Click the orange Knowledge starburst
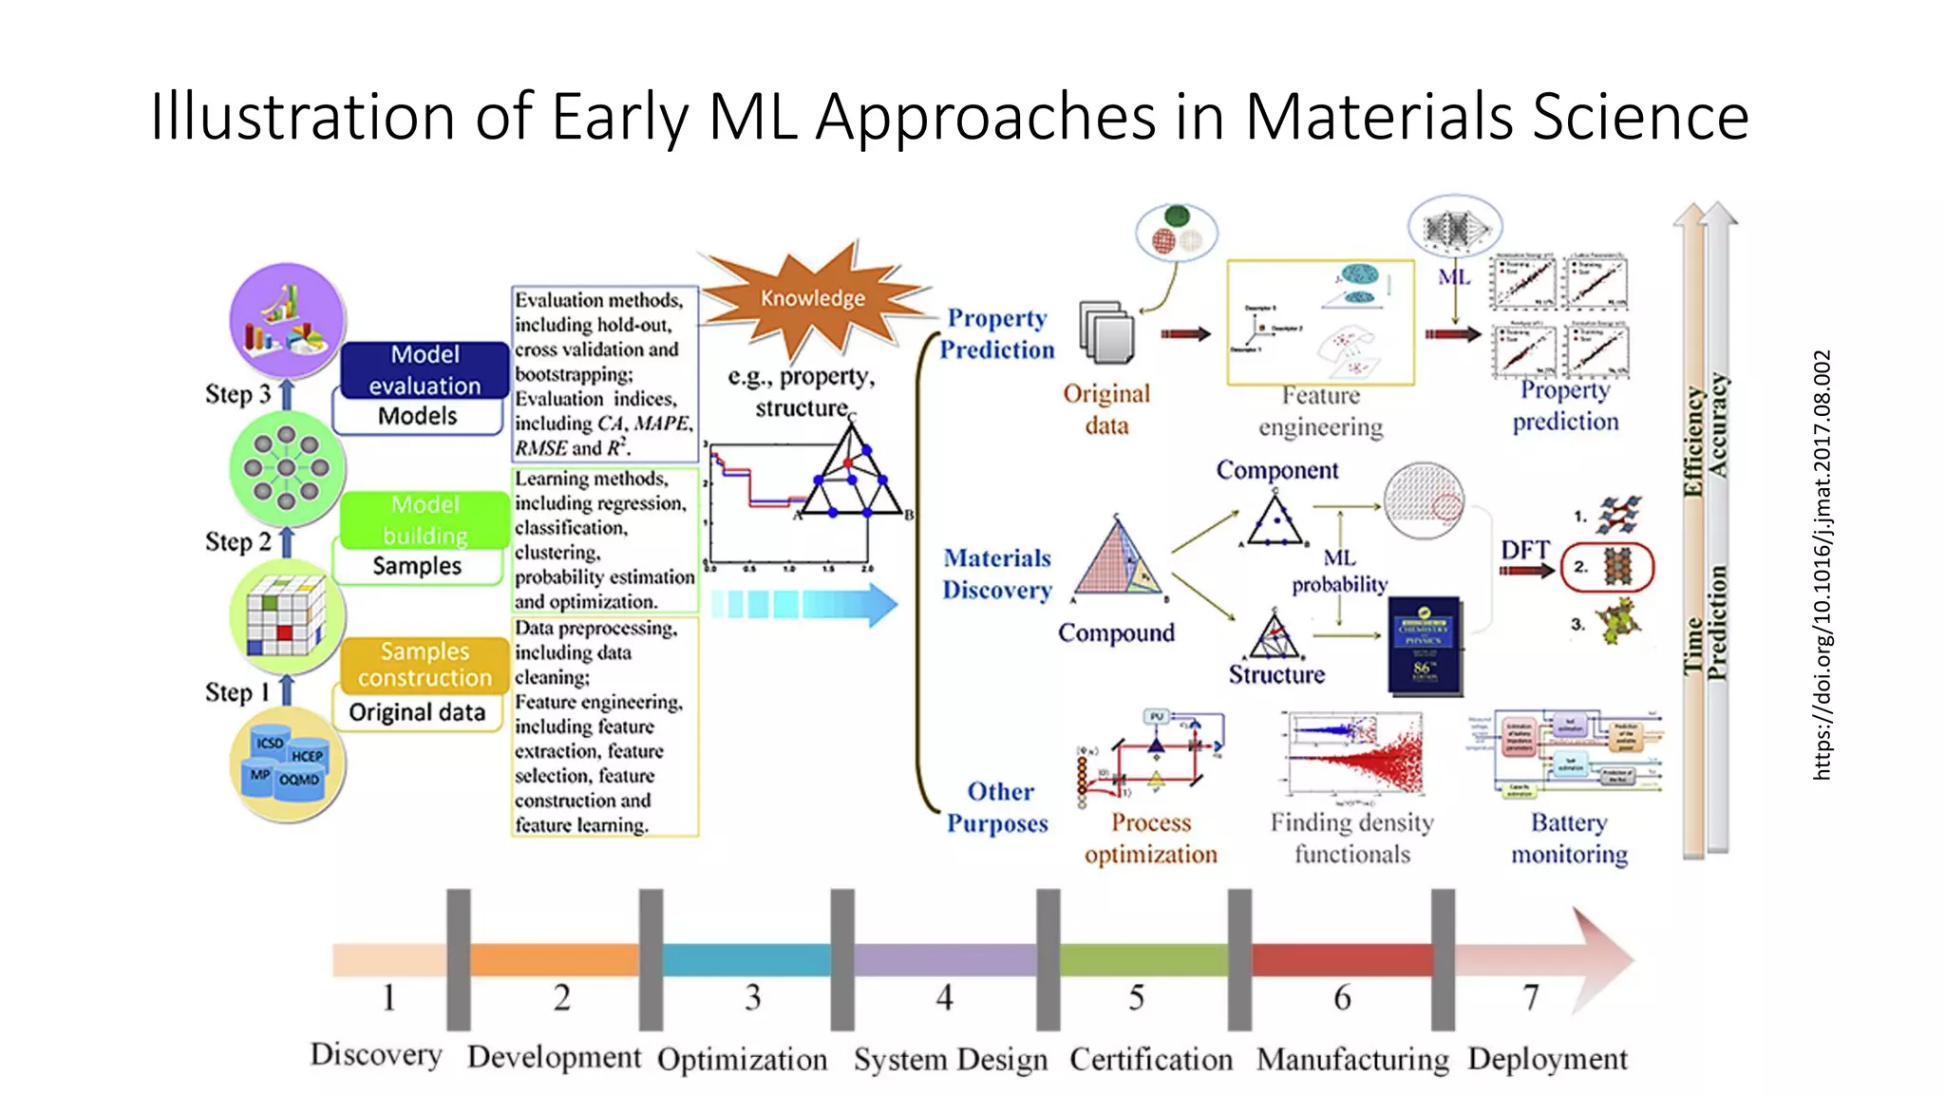tap(812, 298)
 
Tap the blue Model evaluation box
tap(425, 369)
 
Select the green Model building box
tap(425, 519)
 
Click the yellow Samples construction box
tap(425, 664)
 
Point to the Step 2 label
tap(237, 541)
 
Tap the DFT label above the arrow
tap(1524, 550)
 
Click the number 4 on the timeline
tap(944, 997)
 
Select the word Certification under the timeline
tap(1150, 1059)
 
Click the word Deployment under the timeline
tap(1547, 1058)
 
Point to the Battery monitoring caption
tap(1569, 838)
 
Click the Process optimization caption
tap(1150, 838)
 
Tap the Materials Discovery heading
tap(997, 574)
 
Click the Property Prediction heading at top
tap(997, 333)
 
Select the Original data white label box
tap(417, 712)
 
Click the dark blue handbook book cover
tap(1422, 645)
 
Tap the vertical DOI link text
tap(1821, 565)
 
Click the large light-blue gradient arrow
tap(803, 605)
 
